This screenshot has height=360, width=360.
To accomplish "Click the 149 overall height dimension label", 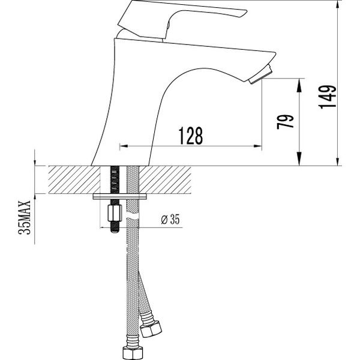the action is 328,97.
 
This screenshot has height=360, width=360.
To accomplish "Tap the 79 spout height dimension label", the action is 285,122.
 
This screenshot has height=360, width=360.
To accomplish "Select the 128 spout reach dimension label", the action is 191,136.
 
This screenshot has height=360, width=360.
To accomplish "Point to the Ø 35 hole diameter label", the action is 170,219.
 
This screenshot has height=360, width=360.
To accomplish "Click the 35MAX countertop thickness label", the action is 25,217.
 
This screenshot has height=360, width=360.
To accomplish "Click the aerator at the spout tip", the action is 260,74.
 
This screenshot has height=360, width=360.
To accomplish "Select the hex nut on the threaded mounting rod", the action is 115,213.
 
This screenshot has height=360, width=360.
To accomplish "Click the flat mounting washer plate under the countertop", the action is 119,197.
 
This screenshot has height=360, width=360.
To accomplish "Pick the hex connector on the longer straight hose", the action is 133,353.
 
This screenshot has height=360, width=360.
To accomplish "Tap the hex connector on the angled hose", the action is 151,329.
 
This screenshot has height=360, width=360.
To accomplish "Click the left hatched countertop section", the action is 74,179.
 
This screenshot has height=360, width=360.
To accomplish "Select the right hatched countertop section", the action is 165,179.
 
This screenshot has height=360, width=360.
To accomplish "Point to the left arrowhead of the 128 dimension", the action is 124,146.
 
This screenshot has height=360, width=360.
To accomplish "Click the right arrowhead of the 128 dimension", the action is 257,146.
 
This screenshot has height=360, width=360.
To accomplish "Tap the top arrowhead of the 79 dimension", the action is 299,85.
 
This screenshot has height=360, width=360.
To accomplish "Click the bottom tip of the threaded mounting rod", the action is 115,232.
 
